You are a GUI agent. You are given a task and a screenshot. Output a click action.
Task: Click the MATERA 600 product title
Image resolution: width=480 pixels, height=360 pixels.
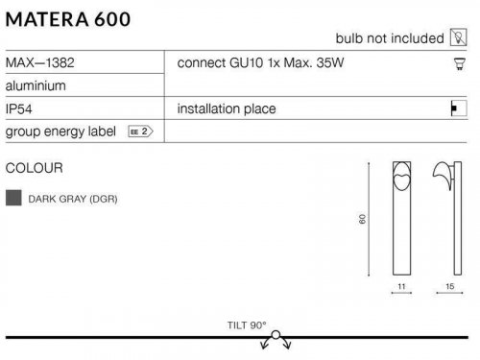(x=68, y=19)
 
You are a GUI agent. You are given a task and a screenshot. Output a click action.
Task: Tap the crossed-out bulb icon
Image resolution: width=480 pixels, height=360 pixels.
(x=459, y=37)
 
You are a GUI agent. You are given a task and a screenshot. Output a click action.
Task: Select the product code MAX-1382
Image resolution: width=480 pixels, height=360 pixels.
(x=40, y=62)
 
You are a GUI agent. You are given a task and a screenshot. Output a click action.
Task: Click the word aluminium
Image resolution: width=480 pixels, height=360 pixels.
(x=36, y=85)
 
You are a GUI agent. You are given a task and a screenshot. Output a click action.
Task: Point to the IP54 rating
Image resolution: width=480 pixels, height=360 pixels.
(x=19, y=109)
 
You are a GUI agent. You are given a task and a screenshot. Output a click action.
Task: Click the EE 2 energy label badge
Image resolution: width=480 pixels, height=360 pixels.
(x=140, y=132)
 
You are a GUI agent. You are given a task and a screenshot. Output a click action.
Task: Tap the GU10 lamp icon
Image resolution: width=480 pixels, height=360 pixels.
(x=460, y=63)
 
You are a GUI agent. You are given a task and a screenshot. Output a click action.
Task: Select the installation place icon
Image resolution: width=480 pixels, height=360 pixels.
(x=459, y=108)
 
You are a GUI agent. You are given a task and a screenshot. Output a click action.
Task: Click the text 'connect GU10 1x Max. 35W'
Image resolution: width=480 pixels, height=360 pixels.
(x=260, y=62)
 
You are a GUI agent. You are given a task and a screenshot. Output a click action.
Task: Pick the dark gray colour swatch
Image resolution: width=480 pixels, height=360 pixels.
(x=13, y=198)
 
